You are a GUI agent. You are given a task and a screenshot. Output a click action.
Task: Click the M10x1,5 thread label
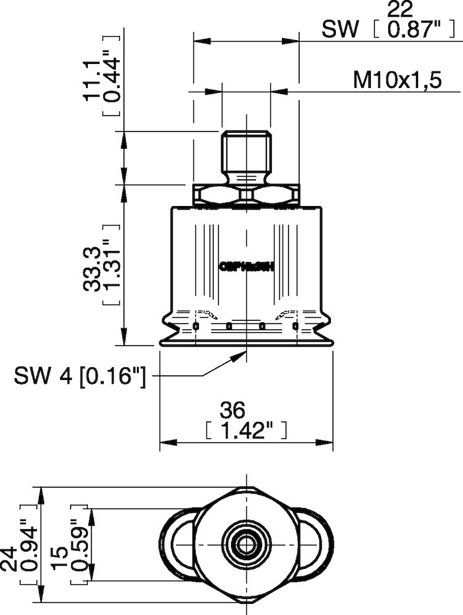pos(397,80)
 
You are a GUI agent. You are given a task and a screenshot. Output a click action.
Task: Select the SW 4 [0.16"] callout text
pos(79,375)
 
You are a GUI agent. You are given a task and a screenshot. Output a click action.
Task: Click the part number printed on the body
pos(246,267)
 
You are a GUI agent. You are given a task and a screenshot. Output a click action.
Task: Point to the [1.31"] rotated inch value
pos(112,271)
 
